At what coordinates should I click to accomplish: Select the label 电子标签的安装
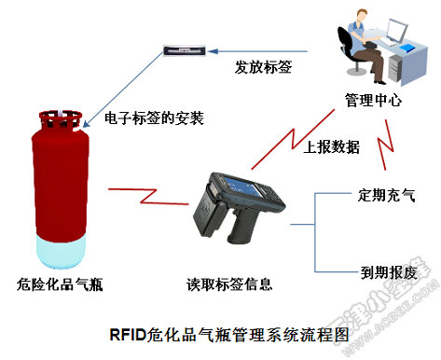click(x=155, y=119)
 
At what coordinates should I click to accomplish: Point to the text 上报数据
click(x=332, y=145)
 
